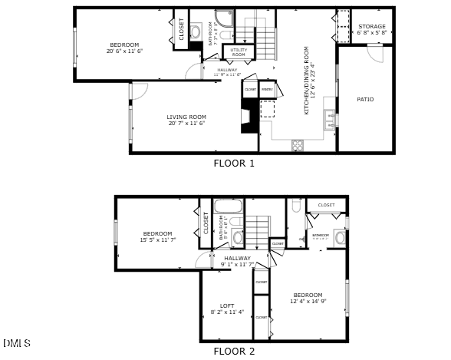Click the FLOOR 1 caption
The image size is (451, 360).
pyautogui.click(x=233, y=163)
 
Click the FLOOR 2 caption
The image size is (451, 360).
pyautogui.click(x=233, y=352)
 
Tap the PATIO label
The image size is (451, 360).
pyautogui.click(x=365, y=99)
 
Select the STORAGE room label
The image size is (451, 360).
pyautogui.click(x=372, y=27)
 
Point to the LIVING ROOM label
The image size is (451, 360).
pyautogui.click(x=187, y=117)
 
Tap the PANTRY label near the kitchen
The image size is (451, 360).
pyautogui.click(x=267, y=90)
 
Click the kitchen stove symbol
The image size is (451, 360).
pyautogui.click(x=298, y=144)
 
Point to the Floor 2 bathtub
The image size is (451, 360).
pyautogui.click(x=228, y=206)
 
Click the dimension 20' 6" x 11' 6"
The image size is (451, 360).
pyautogui.click(x=124, y=51)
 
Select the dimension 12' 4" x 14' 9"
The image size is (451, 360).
pyautogui.click(x=308, y=302)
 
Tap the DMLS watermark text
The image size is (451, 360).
pyautogui.click(x=17, y=342)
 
